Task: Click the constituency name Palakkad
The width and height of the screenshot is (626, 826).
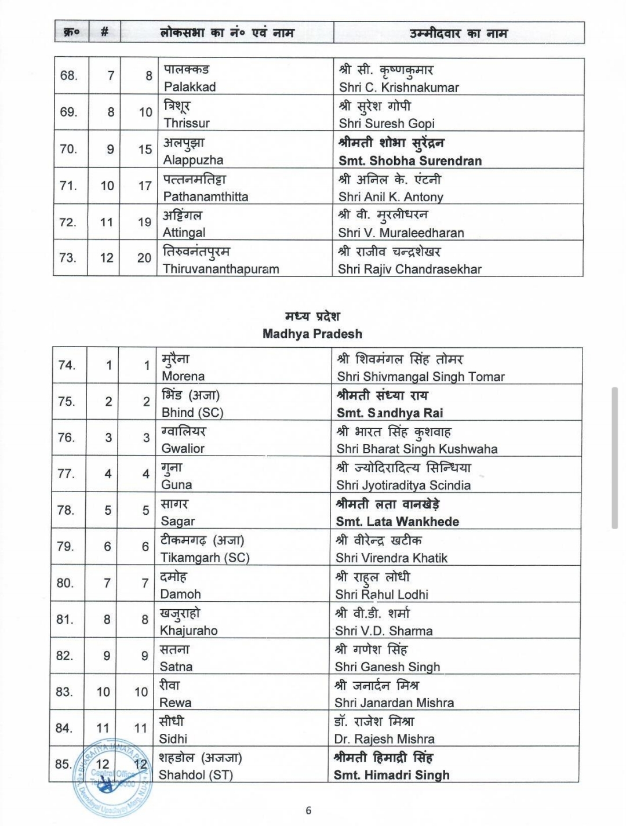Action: (190, 87)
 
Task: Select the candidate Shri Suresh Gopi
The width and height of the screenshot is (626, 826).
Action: (387, 123)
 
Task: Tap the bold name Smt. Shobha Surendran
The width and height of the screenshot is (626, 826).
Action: (410, 161)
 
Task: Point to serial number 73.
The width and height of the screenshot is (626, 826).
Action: (68, 257)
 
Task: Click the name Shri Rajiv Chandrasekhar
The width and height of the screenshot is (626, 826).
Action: (410, 269)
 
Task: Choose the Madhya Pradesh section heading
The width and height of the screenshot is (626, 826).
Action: (312, 334)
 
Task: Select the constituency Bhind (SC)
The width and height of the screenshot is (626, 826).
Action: (192, 413)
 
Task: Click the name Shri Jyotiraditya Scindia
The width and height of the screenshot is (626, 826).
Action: (403, 485)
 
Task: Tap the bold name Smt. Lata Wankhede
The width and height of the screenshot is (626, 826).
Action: (397, 521)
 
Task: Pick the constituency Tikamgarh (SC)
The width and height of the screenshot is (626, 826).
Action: (205, 558)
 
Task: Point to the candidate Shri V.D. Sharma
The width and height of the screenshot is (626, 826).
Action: (384, 631)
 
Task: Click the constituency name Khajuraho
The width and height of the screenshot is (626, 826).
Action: (188, 630)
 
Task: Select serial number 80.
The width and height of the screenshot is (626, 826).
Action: (65, 583)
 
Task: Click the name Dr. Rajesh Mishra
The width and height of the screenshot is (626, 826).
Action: (384, 739)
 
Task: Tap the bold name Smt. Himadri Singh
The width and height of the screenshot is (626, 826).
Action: (391, 775)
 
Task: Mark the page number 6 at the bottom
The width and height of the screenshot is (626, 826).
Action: (308, 810)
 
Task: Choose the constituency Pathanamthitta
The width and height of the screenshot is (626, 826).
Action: (206, 197)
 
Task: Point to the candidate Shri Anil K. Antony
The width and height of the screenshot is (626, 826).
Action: (391, 197)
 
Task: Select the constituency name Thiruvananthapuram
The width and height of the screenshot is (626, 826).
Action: (221, 269)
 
